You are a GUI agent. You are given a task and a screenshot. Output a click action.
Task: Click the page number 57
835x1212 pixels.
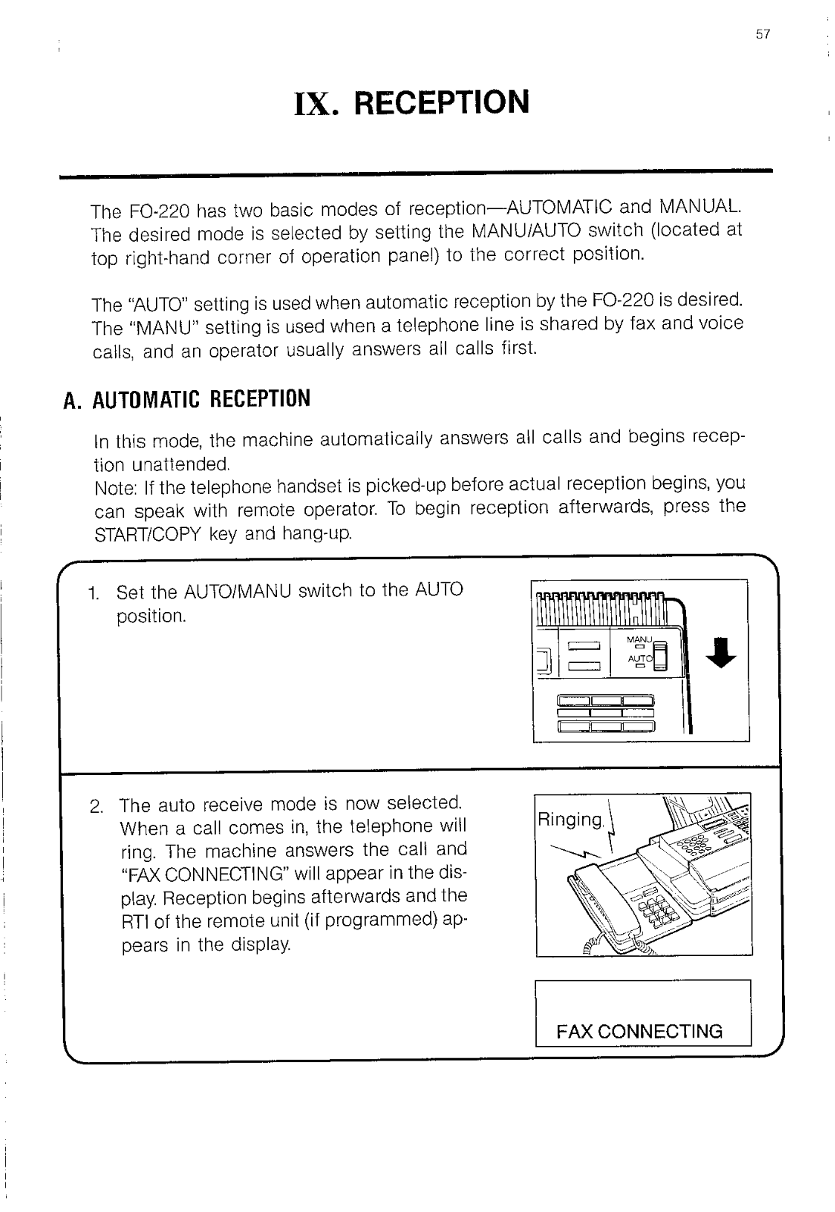pyautogui.click(x=762, y=34)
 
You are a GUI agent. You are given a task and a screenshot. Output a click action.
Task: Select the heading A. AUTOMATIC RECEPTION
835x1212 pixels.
pyautogui.click(x=187, y=398)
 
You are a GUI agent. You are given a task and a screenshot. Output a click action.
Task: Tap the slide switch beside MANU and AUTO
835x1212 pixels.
pyautogui.click(x=659, y=656)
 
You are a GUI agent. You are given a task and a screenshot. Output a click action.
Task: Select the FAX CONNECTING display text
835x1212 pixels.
pyautogui.click(x=640, y=1032)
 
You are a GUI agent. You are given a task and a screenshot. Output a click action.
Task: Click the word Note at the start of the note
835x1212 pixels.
pyautogui.click(x=112, y=485)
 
